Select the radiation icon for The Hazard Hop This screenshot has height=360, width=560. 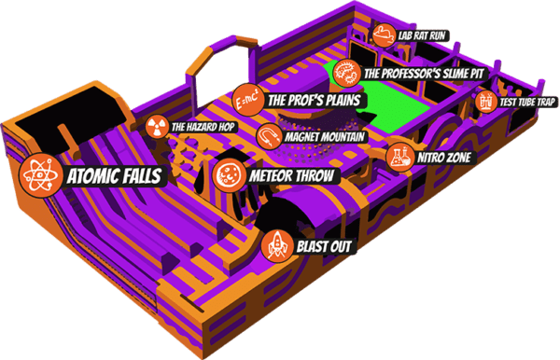coord(157,126)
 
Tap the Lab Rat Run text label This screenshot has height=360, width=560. coord(423,35)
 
